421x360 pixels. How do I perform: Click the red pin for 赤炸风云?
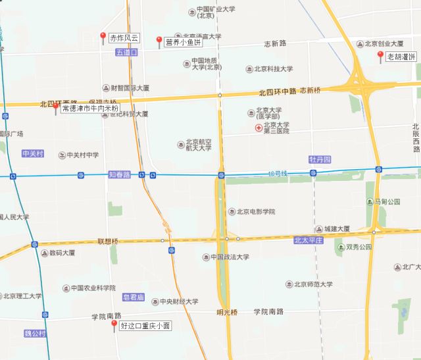(x=103, y=37)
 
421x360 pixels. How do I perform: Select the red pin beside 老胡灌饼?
(x=380, y=56)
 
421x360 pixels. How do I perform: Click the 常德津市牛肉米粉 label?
(x=91, y=108)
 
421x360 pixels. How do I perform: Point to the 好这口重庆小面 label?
(x=145, y=324)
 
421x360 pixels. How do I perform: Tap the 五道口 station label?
(x=126, y=52)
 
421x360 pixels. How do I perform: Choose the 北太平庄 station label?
(x=309, y=241)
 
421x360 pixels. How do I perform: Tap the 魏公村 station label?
(x=35, y=334)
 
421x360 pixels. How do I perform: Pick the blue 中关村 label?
(x=32, y=153)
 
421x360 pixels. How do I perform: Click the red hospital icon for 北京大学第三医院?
(x=259, y=127)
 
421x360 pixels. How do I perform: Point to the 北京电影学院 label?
(x=255, y=212)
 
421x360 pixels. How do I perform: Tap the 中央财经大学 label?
(x=178, y=302)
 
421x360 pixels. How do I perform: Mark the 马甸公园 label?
(x=387, y=201)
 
